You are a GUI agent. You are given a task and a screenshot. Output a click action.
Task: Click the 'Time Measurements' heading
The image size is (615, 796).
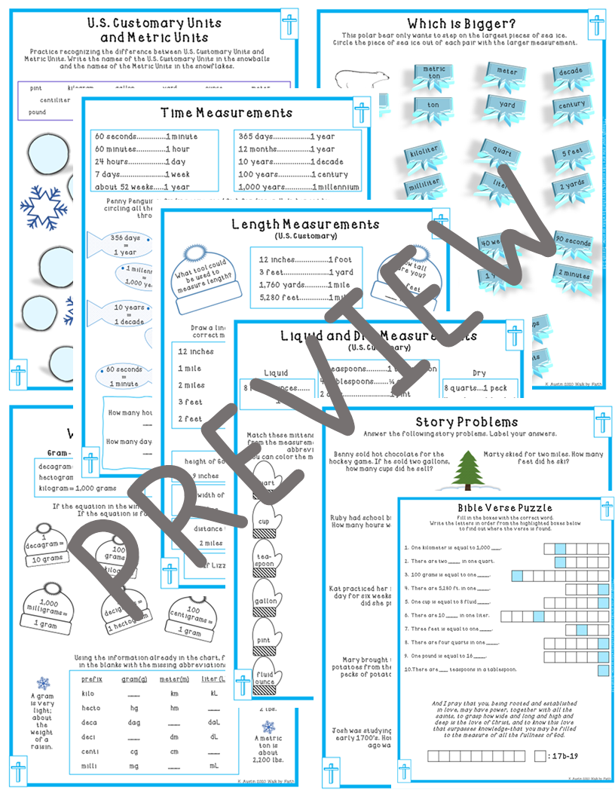coord(226,113)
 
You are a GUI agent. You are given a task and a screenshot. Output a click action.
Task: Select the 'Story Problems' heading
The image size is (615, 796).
coord(467,421)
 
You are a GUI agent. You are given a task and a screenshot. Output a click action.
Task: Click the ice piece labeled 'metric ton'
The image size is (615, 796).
coord(436,73)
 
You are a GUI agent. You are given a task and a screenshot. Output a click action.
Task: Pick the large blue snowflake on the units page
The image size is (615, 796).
coord(44,207)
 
